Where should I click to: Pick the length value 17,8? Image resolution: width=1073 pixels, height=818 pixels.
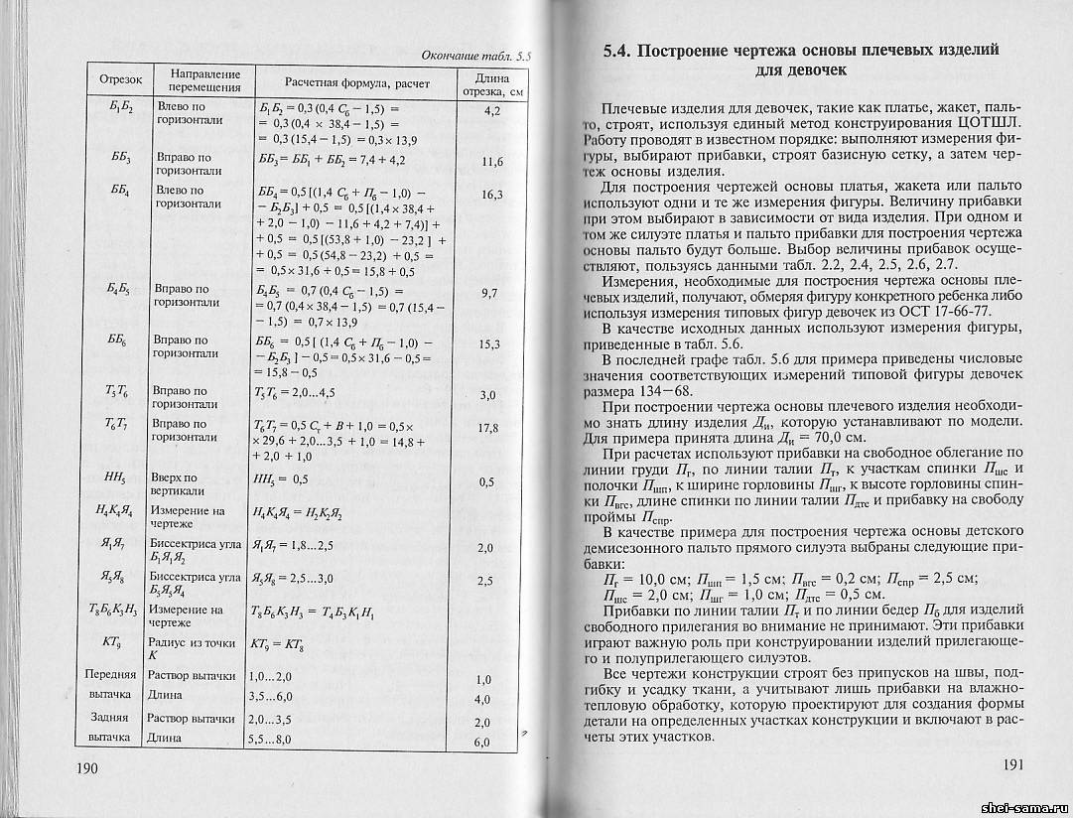point(486,428)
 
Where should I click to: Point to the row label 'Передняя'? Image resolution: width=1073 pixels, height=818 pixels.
point(112,675)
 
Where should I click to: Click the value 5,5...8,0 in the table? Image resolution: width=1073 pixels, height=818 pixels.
point(270,740)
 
